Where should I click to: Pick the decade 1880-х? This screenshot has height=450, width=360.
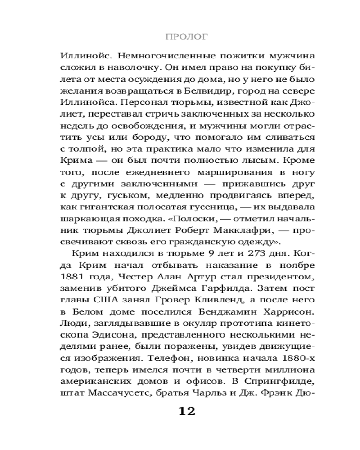[292, 357]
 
